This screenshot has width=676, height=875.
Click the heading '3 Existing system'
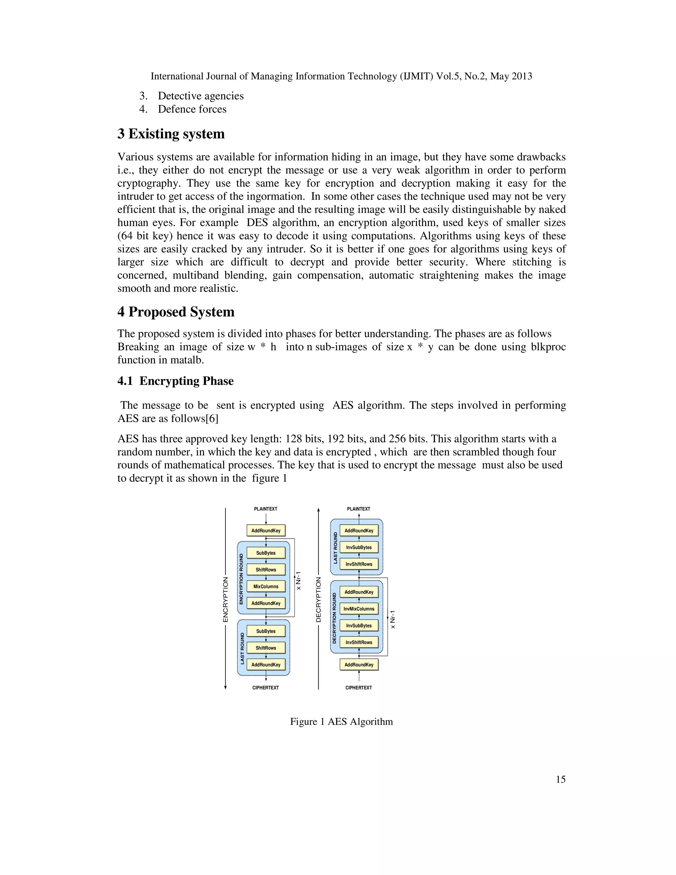tap(171, 134)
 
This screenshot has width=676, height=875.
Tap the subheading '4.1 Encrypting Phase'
tap(175, 381)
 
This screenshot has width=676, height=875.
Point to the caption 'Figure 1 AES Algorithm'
tap(341, 721)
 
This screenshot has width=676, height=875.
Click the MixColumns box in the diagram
tap(266, 586)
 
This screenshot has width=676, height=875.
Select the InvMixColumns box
tap(359, 609)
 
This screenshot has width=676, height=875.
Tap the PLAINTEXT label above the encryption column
tap(265, 509)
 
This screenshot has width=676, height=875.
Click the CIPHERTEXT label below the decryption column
tap(358, 687)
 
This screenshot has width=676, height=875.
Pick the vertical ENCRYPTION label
tap(225, 599)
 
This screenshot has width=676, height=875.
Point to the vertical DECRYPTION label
tap(319, 599)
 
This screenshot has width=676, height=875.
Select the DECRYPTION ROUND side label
tap(334, 618)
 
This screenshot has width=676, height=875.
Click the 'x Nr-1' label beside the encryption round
tap(298, 580)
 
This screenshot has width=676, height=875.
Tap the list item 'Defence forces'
tap(192, 109)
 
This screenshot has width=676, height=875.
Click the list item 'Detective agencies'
tap(200, 96)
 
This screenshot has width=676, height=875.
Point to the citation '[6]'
tap(212, 418)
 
